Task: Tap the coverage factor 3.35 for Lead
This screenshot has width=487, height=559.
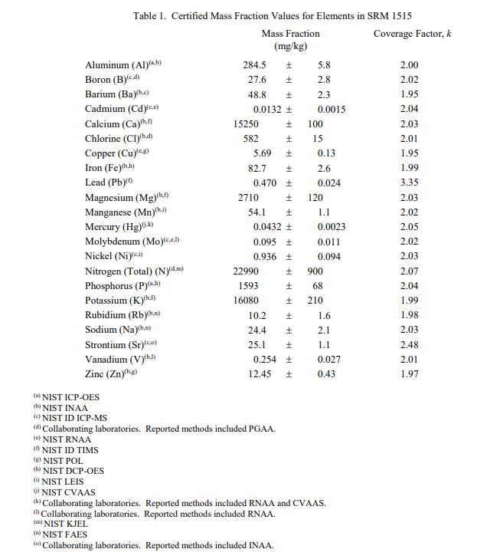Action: pos(410,183)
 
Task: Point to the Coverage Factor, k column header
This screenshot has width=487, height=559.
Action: pos(408,34)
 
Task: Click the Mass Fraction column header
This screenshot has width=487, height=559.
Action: pos(290,34)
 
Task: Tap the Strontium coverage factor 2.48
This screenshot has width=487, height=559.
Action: pos(410,345)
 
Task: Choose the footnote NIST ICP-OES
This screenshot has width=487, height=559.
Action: pos(70,397)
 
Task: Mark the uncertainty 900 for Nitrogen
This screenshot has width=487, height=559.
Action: pos(315,271)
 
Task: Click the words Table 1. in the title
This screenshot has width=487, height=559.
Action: pos(150,16)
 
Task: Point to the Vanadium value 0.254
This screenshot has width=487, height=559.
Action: pos(265,360)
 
